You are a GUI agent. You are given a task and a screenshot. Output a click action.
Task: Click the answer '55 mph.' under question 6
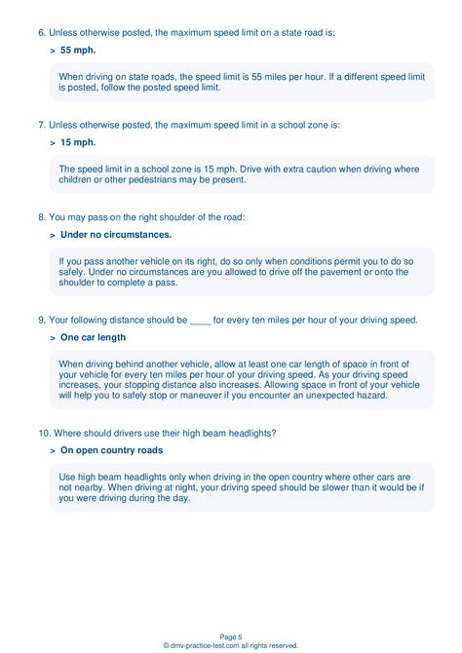(x=78, y=49)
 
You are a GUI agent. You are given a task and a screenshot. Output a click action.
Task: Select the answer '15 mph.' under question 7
(x=78, y=141)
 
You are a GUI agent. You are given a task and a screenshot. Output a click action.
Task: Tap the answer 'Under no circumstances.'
(x=116, y=235)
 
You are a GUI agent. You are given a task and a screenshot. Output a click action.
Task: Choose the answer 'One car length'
(x=94, y=337)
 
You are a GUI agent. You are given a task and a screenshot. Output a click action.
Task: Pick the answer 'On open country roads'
(x=111, y=450)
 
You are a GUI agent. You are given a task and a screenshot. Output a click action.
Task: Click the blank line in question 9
(x=200, y=321)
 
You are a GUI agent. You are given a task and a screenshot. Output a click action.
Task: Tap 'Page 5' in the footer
(x=231, y=635)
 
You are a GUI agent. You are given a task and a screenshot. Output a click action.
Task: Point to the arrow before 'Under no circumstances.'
(x=52, y=235)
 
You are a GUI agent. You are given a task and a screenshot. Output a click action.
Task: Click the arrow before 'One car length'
(x=52, y=337)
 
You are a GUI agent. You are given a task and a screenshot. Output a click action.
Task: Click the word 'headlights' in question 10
(x=250, y=433)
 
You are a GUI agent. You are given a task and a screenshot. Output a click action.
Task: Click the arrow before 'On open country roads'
(x=52, y=450)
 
